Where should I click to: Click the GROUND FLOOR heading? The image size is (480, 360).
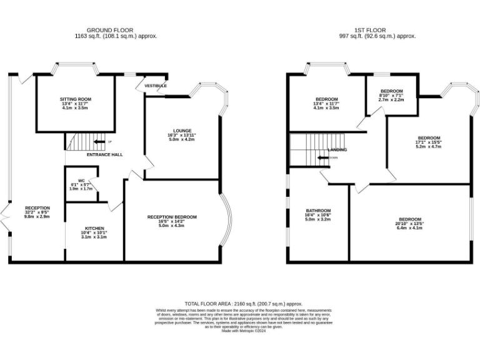pos(116,30)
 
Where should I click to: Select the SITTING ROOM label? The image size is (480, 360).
pos(76,99)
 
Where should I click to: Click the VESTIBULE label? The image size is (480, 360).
pos(156,85)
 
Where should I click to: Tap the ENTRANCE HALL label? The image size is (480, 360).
pos(104,154)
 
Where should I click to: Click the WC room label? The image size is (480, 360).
pos(81,181)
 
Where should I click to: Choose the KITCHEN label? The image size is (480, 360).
pos(94,228)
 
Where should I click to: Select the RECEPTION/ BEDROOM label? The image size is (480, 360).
pos(172,217)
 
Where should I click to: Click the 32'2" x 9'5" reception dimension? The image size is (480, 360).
pos(37,212)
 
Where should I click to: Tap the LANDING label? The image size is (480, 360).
pos(337,150)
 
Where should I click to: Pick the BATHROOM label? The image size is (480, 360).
pos(318,210)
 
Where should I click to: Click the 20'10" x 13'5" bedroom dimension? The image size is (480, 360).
pos(409,224)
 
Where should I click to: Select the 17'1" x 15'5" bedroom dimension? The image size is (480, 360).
pos(429,142)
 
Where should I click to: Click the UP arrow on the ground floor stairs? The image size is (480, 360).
pos(95,141)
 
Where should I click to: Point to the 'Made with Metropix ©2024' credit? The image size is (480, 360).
pos(244,331)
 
